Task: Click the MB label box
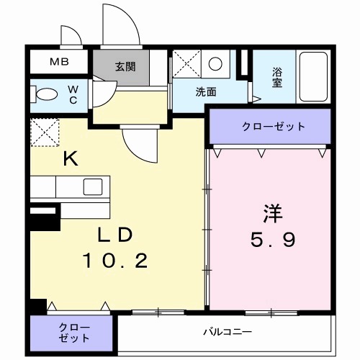(59, 61)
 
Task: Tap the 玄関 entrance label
(125, 67)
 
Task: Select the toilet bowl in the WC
(48, 94)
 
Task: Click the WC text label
(73, 95)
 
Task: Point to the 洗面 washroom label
(207, 91)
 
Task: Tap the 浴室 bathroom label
(277, 78)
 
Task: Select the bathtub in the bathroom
(312, 78)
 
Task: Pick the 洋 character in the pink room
(271, 214)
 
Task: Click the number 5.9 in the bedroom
(271, 240)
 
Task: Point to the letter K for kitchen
(70, 159)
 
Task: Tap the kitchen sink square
(93, 186)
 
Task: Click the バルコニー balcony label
(226, 332)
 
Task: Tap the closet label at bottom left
(71, 331)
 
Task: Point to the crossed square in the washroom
(186, 65)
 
